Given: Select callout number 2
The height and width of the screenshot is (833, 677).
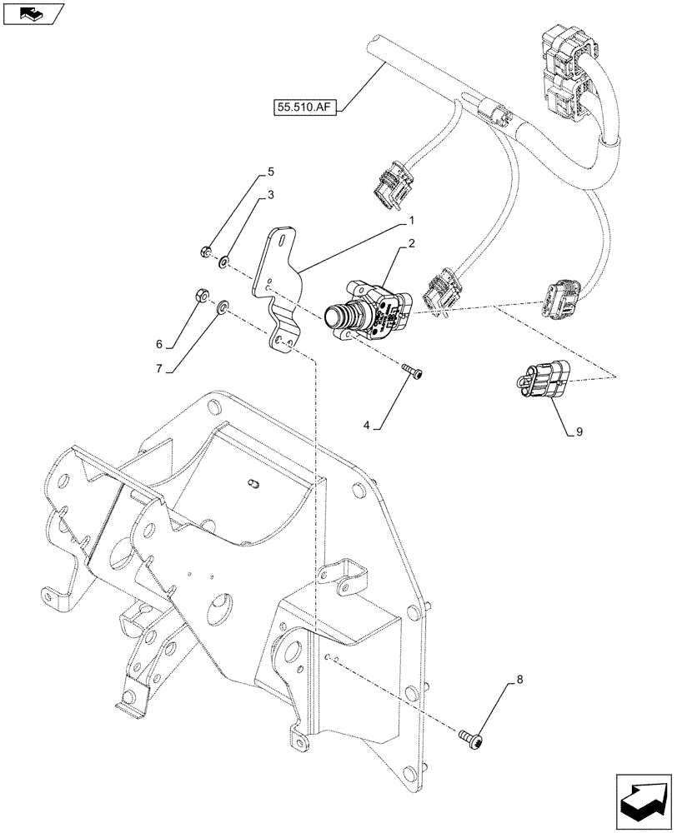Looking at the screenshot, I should tap(410, 245).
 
